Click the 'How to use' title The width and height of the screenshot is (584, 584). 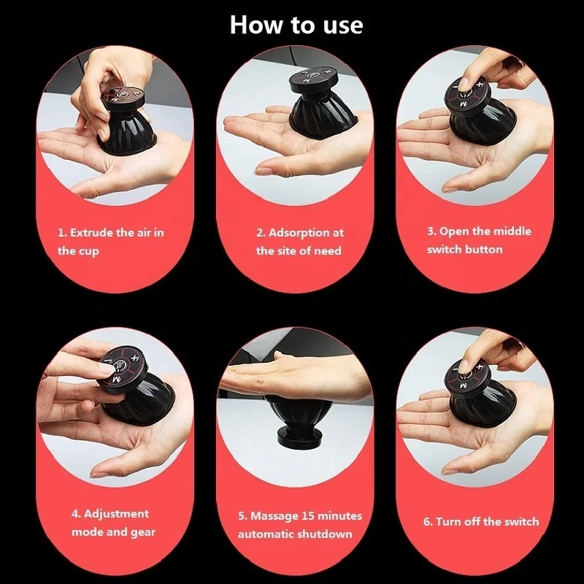[x=296, y=24]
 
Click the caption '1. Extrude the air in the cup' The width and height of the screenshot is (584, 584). [x=110, y=242]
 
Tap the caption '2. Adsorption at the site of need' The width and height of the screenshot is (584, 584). [x=299, y=242]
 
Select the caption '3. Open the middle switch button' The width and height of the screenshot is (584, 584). [x=479, y=240]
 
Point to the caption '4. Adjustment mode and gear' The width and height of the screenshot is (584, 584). [x=112, y=523]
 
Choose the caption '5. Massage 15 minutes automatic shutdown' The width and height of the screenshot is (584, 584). [x=299, y=525]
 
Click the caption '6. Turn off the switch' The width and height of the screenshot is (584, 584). [x=481, y=521]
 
